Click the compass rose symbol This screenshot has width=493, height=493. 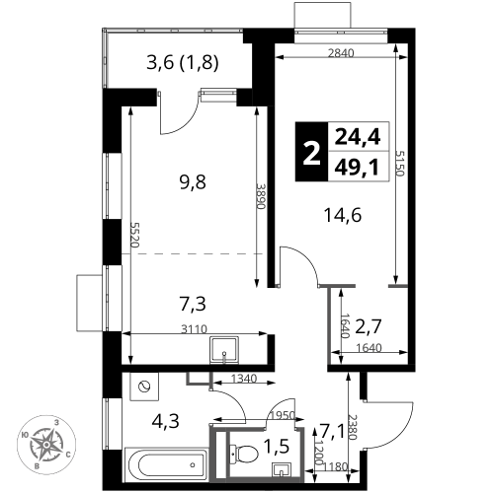(x=46, y=445)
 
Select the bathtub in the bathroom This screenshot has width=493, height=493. (x=166, y=464)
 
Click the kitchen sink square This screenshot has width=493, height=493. (x=224, y=349)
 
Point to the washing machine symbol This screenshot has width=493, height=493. (x=144, y=387)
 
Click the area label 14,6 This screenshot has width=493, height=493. (x=343, y=215)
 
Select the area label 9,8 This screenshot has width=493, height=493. (x=193, y=182)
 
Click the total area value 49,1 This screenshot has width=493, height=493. (x=357, y=168)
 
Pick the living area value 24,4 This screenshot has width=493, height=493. (x=358, y=137)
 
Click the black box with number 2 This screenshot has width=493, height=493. (x=311, y=152)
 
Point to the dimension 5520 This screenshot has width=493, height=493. (x=134, y=235)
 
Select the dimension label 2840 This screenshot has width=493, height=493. (x=341, y=53)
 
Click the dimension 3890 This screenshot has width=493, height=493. (x=261, y=196)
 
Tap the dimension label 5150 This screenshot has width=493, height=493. (x=399, y=164)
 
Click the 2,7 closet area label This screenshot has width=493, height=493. (x=369, y=326)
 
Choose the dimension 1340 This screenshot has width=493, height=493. (x=244, y=379)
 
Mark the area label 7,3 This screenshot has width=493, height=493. (x=193, y=304)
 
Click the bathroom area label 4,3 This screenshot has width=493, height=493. (x=165, y=421)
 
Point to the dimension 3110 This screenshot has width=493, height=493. (x=195, y=329)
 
